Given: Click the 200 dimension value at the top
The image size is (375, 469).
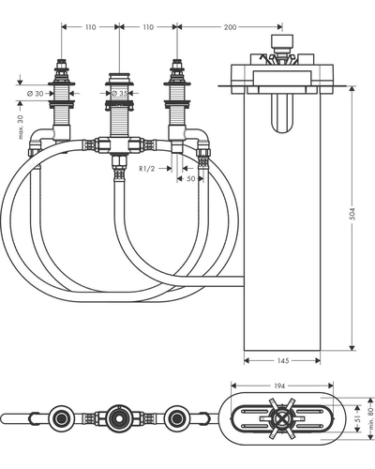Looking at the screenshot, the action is point(230,27).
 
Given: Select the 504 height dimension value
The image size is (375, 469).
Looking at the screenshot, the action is point(352,214).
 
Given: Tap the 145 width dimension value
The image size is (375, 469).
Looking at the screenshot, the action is point(283,361).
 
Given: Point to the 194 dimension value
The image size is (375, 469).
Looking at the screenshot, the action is point(279,386).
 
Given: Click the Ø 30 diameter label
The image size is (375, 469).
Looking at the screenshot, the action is point(36,94).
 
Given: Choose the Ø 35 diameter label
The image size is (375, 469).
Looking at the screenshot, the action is point(119,93).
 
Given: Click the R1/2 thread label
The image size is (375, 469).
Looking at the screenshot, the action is point(147,169).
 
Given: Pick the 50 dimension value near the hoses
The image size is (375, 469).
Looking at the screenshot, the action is point(190,178).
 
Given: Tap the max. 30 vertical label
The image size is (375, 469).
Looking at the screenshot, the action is point(21,127).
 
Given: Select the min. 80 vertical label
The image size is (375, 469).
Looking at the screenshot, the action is point(370,419).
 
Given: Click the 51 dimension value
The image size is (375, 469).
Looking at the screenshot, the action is point(359,418).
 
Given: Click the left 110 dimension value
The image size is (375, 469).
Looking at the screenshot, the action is point(90,27).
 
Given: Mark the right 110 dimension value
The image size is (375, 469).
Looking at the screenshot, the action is point(148,27).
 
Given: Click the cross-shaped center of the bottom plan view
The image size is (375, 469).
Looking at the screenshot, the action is point(280,418).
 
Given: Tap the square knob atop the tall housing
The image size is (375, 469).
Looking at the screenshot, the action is point(282,40).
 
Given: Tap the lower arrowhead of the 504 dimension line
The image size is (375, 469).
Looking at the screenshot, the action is point(352,347).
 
